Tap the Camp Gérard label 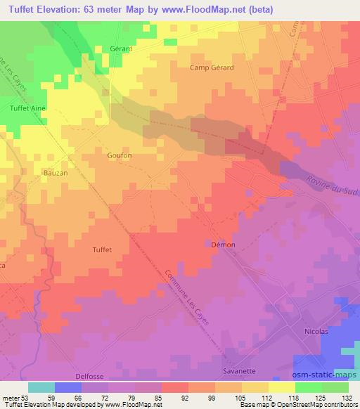[x=212, y=67]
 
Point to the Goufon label [x=119, y=155]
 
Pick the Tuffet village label [x=102, y=249]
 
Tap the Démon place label [x=223, y=245]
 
